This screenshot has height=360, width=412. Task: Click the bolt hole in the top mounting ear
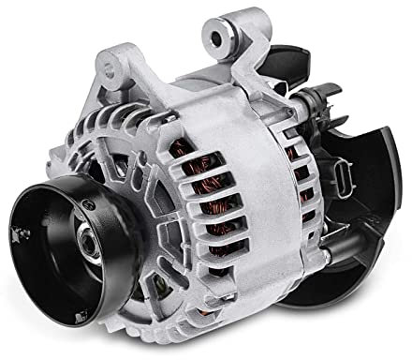click(220, 38)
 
